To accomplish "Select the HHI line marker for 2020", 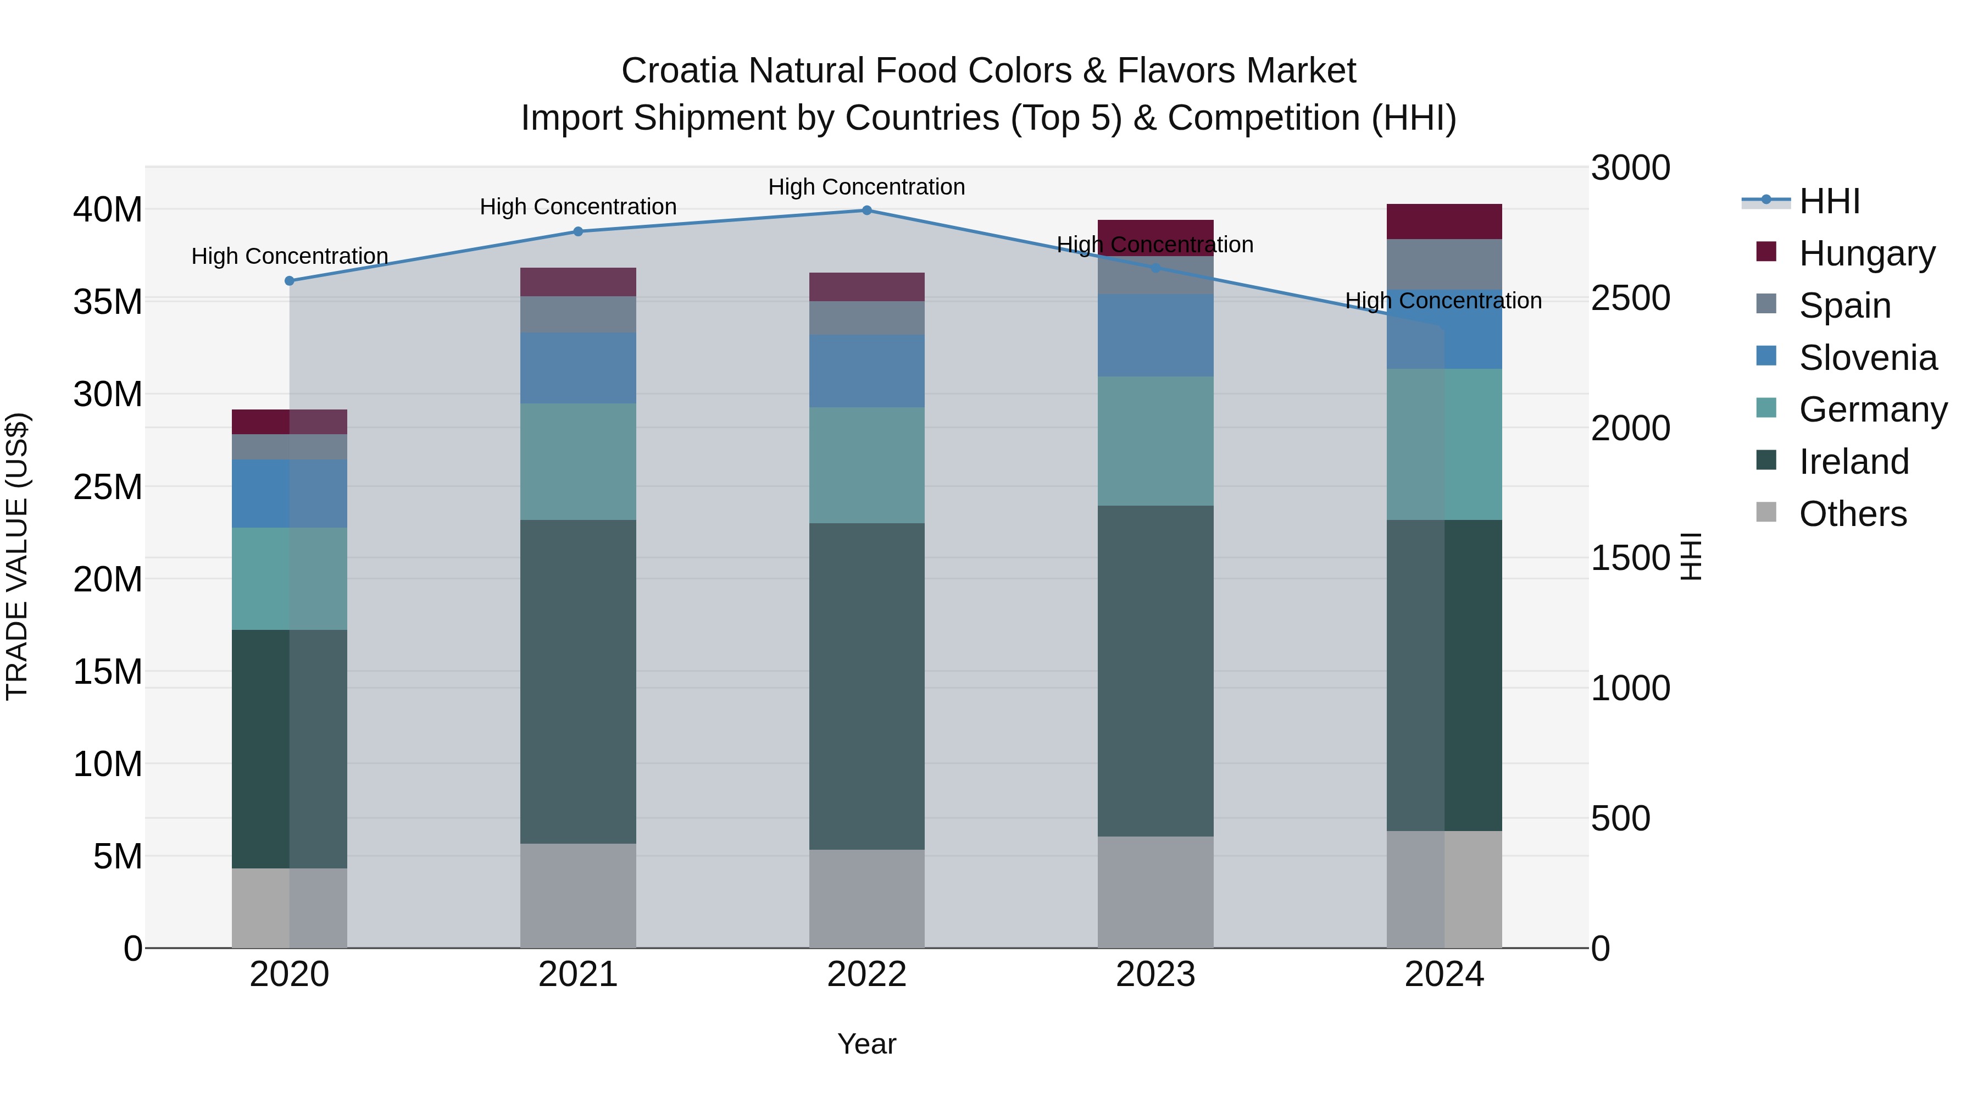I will click(x=290, y=281).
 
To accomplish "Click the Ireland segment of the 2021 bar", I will click(x=578, y=682).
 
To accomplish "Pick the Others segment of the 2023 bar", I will click(x=1155, y=892).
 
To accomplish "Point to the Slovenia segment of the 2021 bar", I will click(x=578, y=368).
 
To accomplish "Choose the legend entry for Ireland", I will click(x=1853, y=462).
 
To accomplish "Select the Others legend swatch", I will click(x=1765, y=512).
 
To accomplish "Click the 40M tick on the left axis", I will click(x=108, y=210).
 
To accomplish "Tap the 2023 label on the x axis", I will click(x=1155, y=974).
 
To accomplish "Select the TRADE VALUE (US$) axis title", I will click(x=17, y=556).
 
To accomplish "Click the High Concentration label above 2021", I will click(x=578, y=207).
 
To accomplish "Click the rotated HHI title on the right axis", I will click(x=1691, y=556).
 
